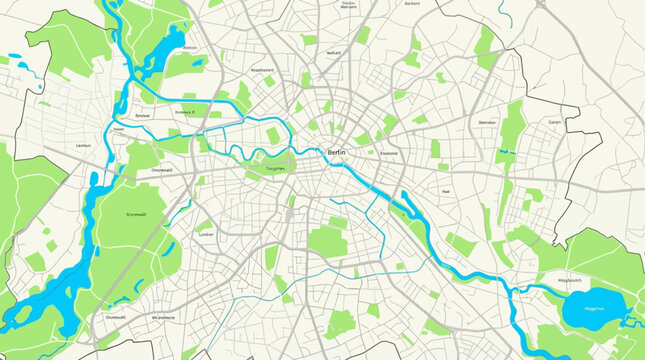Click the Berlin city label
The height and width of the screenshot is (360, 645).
(x=337, y=152)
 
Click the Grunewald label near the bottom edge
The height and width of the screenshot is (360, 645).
(x=116, y=317)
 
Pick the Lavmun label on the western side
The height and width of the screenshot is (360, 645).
(x=83, y=146)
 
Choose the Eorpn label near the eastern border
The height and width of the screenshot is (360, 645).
(x=555, y=122)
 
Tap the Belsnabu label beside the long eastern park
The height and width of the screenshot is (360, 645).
(x=487, y=122)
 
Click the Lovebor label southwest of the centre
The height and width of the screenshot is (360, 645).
(x=207, y=233)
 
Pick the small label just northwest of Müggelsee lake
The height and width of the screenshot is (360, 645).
(x=569, y=281)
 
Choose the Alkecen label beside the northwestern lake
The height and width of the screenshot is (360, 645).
(x=190, y=48)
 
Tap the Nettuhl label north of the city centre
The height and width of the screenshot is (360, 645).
(x=334, y=52)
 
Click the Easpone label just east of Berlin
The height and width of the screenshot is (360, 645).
(x=389, y=153)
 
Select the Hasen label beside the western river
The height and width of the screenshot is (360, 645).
(x=118, y=129)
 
